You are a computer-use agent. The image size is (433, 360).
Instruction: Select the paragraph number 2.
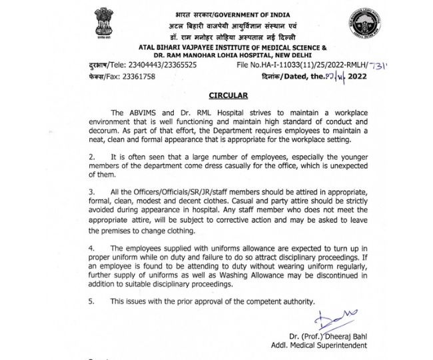pyautogui.click(x=90, y=155)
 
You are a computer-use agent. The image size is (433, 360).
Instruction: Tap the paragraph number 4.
pyautogui.click(x=90, y=247)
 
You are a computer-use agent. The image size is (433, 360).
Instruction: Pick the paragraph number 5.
pyautogui.click(x=90, y=302)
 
